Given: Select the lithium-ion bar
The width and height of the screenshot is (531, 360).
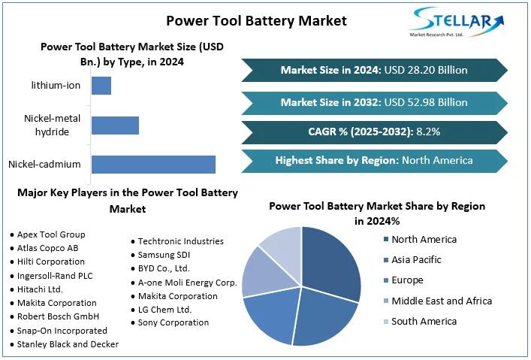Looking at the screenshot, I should [101, 85].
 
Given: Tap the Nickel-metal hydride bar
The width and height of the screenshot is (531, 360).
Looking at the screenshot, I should [115, 125].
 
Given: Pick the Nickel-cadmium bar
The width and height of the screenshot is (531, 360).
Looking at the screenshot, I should [153, 164].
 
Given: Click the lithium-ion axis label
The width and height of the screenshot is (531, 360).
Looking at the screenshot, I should [56, 85].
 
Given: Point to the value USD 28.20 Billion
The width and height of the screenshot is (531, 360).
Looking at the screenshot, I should [426, 70].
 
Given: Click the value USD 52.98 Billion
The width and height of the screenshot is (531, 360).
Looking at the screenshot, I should [426, 102].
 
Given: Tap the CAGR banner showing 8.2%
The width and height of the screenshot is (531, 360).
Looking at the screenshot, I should [374, 132].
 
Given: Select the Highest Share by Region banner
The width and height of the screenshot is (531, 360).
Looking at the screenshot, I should [374, 160].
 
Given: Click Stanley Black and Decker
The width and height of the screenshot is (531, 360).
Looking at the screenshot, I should [67, 344].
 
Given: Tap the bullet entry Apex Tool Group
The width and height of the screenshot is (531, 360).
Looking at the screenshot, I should [50, 234].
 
